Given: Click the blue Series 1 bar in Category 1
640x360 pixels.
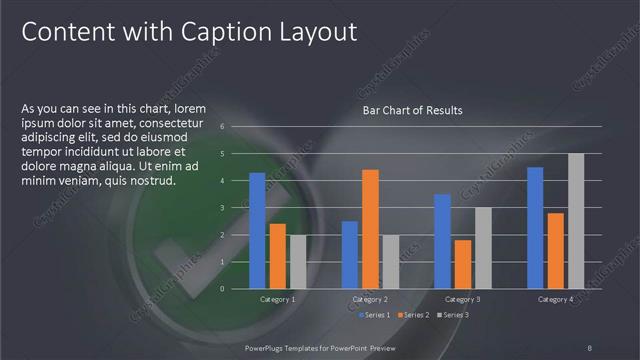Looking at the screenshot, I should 257,230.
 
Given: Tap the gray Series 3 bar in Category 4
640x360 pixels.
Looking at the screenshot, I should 576,221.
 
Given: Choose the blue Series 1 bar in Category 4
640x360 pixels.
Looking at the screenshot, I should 535,227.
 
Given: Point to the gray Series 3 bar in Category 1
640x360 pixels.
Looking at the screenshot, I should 298,261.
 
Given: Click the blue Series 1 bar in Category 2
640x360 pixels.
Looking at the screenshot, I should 350,254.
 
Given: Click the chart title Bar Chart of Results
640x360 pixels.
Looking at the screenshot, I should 412,110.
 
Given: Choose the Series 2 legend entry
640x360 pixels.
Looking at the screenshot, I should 411,315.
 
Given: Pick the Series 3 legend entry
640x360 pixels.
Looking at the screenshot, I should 451,315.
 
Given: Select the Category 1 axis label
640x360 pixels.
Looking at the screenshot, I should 277,299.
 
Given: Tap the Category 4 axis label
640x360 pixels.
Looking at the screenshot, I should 555,299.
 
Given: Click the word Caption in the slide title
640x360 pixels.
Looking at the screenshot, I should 210,32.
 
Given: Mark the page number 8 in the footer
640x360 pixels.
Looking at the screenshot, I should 590,346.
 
